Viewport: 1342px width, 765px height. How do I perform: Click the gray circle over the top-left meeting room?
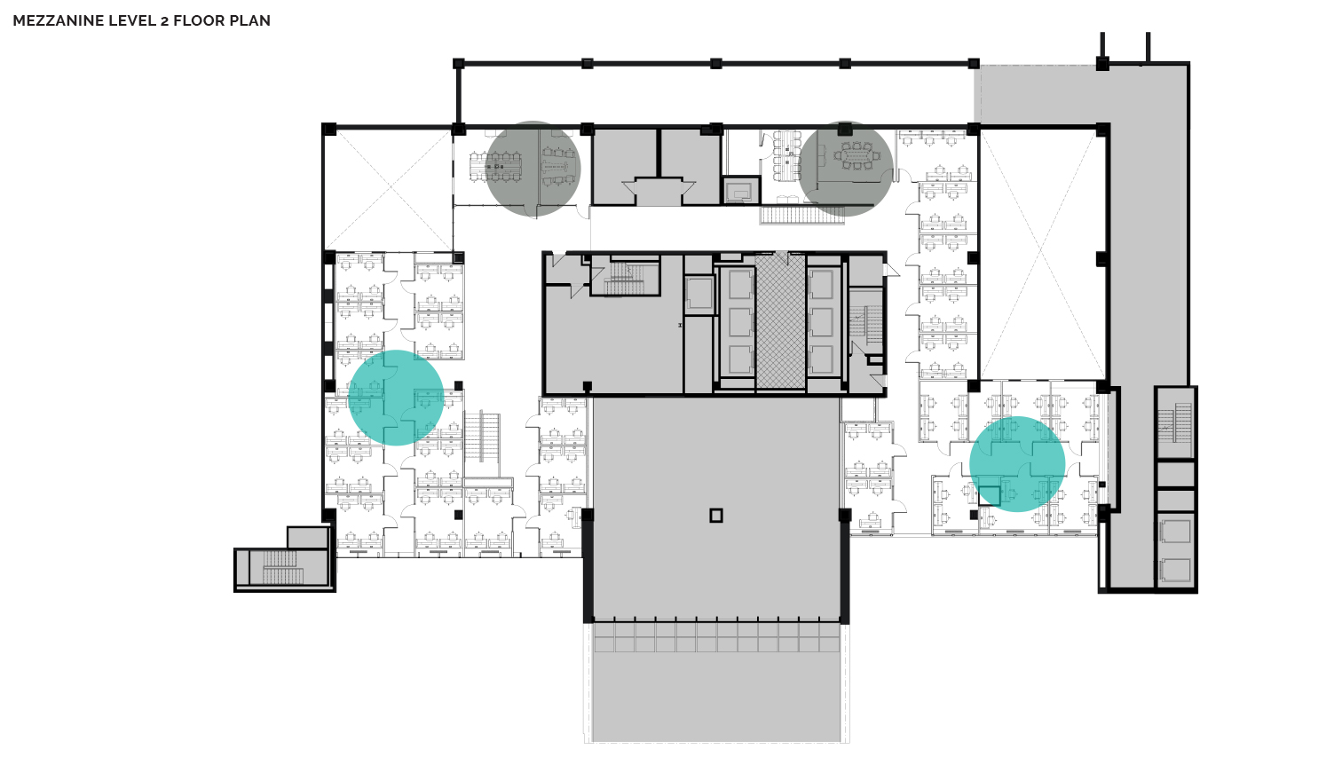pyautogui.click(x=533, y=169)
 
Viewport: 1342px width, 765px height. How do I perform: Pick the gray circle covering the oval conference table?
pyautogui.click(x=845, y=169)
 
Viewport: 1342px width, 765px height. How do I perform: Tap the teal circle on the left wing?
pyautogui.click(x=396, y=398)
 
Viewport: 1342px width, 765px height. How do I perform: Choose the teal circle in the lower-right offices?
pyautogui.click(x=1017, y=464)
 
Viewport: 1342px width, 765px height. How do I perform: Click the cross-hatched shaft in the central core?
pyautogui.click(x=780, y=321)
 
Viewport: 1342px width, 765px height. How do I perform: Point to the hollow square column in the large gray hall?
pyautogui.click(x=716, y=516)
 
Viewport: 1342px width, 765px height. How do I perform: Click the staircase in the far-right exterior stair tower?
pyautogui.click(x=1175, y=423)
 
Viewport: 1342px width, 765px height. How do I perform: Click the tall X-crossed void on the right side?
pyautogui.click(x=1041, y=255)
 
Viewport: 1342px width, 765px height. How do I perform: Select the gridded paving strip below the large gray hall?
pyautogui.click(x=716, y=637)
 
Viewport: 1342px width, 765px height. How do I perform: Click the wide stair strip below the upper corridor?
pyautogui.click(x=801, y=215)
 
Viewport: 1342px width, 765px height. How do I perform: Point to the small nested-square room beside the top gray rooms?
pyautogui.click(x=741, y=191)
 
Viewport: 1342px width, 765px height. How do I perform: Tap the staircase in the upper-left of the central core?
pyautogui.click(x=624, y=278)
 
